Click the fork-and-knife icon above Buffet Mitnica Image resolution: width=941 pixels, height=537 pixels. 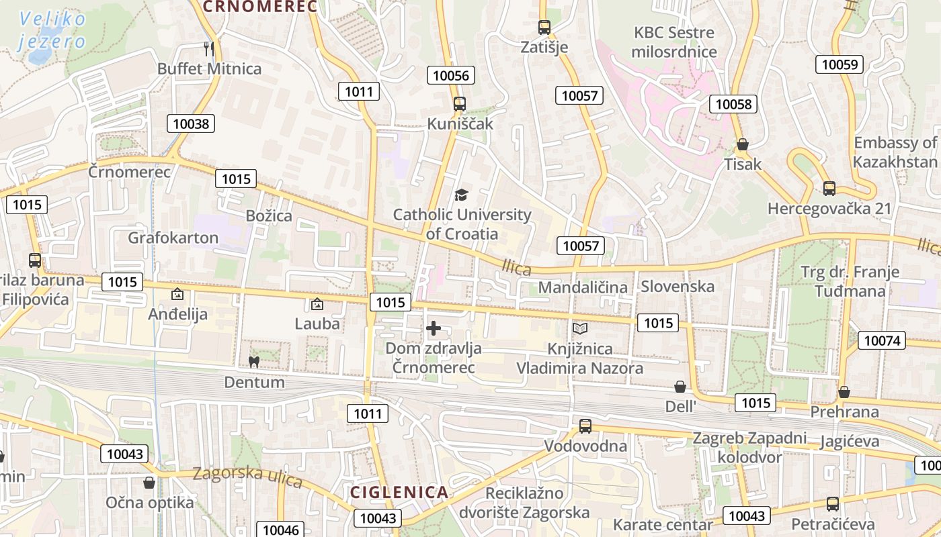pyautogui.click(x=208, y=48)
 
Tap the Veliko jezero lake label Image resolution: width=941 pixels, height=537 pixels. pyautogui.click(x=52, y=30)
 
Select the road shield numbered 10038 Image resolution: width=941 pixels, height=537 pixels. pyautogui.click(x=192, y=123)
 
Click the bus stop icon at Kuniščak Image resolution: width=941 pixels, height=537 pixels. pyautogui.click(x=460, y=104)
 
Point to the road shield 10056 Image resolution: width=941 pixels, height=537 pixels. pyautogui.click(x=451, y=75)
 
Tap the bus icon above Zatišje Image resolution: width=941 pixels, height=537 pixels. pyautogui.click(x=544, y=28)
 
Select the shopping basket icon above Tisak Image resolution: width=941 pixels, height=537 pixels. pyautogui.click(x=743, y=144)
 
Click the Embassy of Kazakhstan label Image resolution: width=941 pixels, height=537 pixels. pyautogui.click(x=895, y=152)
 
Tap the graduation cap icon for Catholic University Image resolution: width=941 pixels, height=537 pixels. pyautogui.click(x=461, y=195)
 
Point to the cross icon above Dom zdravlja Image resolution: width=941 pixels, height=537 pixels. pyautogui.click(x=434, y=328)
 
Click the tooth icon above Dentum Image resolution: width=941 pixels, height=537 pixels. pyautogui.click(x=254, y=362)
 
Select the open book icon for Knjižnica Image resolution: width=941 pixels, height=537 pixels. pyautogui.click(x=579, y=328)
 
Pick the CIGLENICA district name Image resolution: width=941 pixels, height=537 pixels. pyautogui.click(x=399, y=492)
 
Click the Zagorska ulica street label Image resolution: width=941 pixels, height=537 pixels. pyautogui.click(x=247, y=476)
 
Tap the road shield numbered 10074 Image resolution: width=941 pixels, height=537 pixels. pyautogui.click(x=881, y=340)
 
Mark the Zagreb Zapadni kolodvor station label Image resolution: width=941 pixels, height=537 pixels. pyautogui.click(x=749, y=448)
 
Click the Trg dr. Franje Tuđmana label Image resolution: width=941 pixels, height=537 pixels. pyautogui.click(x=850, y=282)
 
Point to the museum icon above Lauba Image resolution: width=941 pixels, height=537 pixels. pyautogui.click(x=317, y=304)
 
